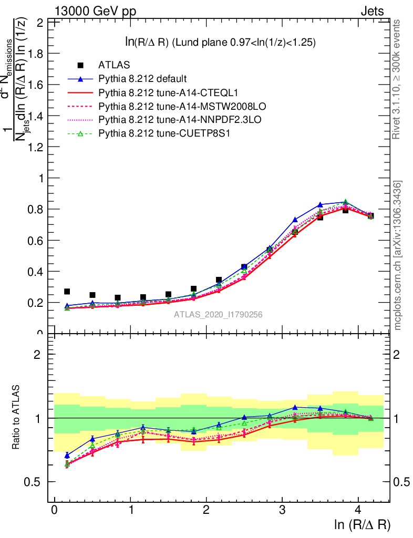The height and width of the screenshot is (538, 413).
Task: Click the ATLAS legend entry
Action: click(x=111, y=65)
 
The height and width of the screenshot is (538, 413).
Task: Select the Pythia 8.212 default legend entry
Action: click(x=142, y=79)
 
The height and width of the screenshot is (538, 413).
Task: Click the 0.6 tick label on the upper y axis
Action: click(x=37, y=241)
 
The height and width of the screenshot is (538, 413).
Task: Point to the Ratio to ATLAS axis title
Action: click(x=17, y=418)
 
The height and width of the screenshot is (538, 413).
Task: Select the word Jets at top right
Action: click(x=372, y=11)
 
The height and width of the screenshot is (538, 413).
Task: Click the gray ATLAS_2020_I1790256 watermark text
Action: click(x=219, y=315)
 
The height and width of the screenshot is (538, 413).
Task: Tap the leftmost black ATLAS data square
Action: click(x=67, y=292)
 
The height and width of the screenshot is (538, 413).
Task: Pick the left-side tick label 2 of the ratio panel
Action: click(x=38, y=354)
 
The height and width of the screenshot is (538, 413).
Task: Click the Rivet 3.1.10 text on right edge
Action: click(x=397, y=79)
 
